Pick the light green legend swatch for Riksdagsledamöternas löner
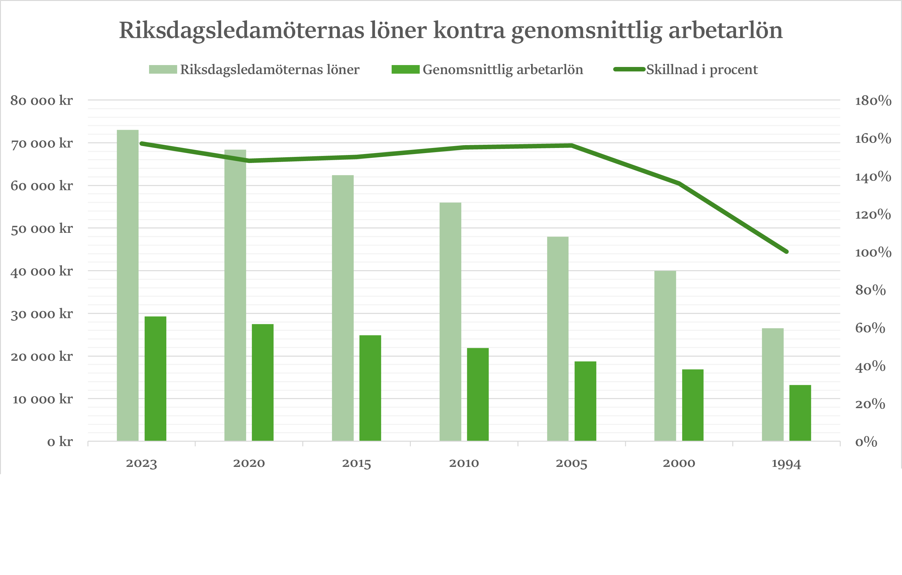[x=163, y=70]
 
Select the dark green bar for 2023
[x=155, y=379]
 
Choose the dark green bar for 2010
[x=477, y=394]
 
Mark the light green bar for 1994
[x=773, y=385]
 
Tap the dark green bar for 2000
[x=693, y=405]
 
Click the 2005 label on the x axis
[x=571, y=463]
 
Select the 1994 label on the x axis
[x=786, y=463]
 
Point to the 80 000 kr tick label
[x=41, y=100]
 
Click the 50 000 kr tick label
[x=41, y=228]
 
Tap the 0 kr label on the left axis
[x=60, y=442]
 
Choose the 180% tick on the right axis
[x=873, y=100]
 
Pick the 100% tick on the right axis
[x=873, y=252]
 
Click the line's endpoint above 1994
[x=786, y=252]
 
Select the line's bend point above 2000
[x=679, y=183]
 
